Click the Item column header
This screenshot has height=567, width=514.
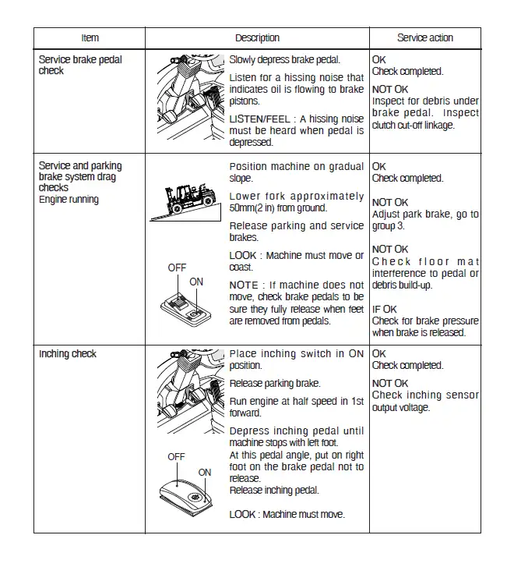pos(90,37)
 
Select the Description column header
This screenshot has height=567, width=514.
pos(257,37)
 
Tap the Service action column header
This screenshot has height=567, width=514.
pos(424,37)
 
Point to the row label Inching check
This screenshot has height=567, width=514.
pos(68,354)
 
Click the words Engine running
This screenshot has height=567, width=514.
pos(69,200)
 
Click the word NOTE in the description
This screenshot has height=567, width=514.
pos(244,285)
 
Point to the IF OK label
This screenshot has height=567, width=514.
pos(385,310)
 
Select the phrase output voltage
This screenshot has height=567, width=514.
pos(401,407)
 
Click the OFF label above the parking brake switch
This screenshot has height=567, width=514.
pos(177,268)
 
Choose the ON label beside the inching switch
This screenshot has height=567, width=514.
pos(204,473)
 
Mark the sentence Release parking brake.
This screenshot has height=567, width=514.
pos(275,384)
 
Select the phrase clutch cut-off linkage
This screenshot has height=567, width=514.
pos(413,125)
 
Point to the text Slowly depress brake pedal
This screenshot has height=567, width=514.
pos(284,59)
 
